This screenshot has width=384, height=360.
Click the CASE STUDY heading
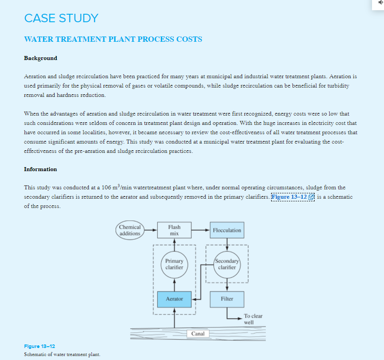pos(61,18)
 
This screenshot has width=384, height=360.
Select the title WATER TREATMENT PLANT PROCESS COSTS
pos(113,39)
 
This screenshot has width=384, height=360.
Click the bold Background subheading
pos(40,58)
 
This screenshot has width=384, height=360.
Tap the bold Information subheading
pos(40,169)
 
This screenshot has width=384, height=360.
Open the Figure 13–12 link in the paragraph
pos(292,197)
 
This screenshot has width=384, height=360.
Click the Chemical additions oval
pos(130,230)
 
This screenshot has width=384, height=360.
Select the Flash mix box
pos(174,230)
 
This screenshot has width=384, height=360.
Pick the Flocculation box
pos(227,230)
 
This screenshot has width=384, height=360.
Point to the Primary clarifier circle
pos(174,264)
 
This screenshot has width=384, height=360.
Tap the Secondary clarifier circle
pos(227,264)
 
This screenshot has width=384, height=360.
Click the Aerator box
pos(174,299)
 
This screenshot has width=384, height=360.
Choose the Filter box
pos(227,299)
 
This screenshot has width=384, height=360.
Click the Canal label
pos(198,333)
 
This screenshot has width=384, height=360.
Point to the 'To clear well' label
pos(253,319)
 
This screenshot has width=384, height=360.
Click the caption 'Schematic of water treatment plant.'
pos(62,354)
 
